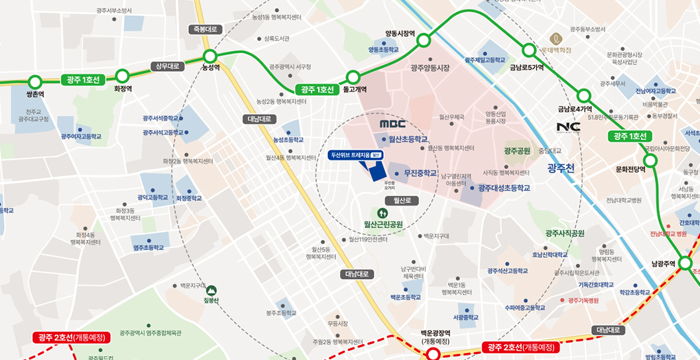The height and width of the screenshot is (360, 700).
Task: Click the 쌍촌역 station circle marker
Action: [x=35, y=82]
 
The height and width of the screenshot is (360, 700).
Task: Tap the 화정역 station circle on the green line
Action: [x=122, y=76]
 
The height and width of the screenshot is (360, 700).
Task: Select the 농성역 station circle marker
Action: [x=210, y=56]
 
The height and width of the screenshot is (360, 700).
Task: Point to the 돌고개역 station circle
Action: [x=353, y=77]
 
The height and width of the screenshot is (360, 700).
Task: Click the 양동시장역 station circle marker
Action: [x=424, y=42]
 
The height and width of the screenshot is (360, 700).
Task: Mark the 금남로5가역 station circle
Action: [x=528, y=50]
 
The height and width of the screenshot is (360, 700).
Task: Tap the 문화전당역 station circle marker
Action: [x=650, y=160]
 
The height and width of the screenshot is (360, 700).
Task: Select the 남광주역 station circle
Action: [x=687, y=263]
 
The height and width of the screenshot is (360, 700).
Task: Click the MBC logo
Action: [x=392, y=124]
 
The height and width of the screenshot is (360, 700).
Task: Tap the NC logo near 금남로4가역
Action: [x=568, y=127]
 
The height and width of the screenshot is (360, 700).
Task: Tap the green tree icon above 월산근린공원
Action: [x=382, y=213]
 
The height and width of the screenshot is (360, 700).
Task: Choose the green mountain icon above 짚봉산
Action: [x=211, y=290]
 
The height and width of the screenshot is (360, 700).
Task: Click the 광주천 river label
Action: [x=561, y=168]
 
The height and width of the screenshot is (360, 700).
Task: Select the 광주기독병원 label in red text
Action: [x=579, y=300]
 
